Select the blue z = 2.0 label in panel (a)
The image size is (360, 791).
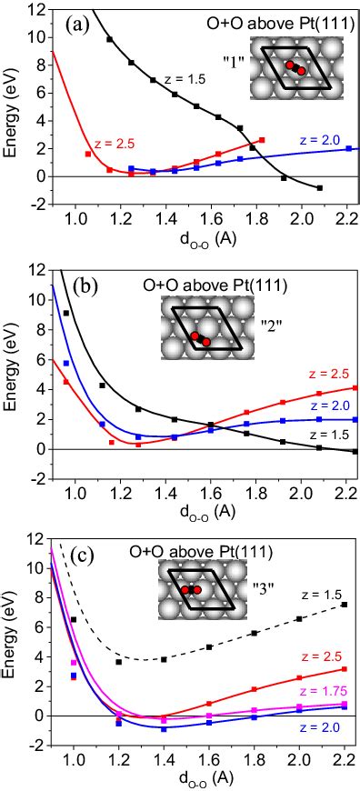click(319, 138)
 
